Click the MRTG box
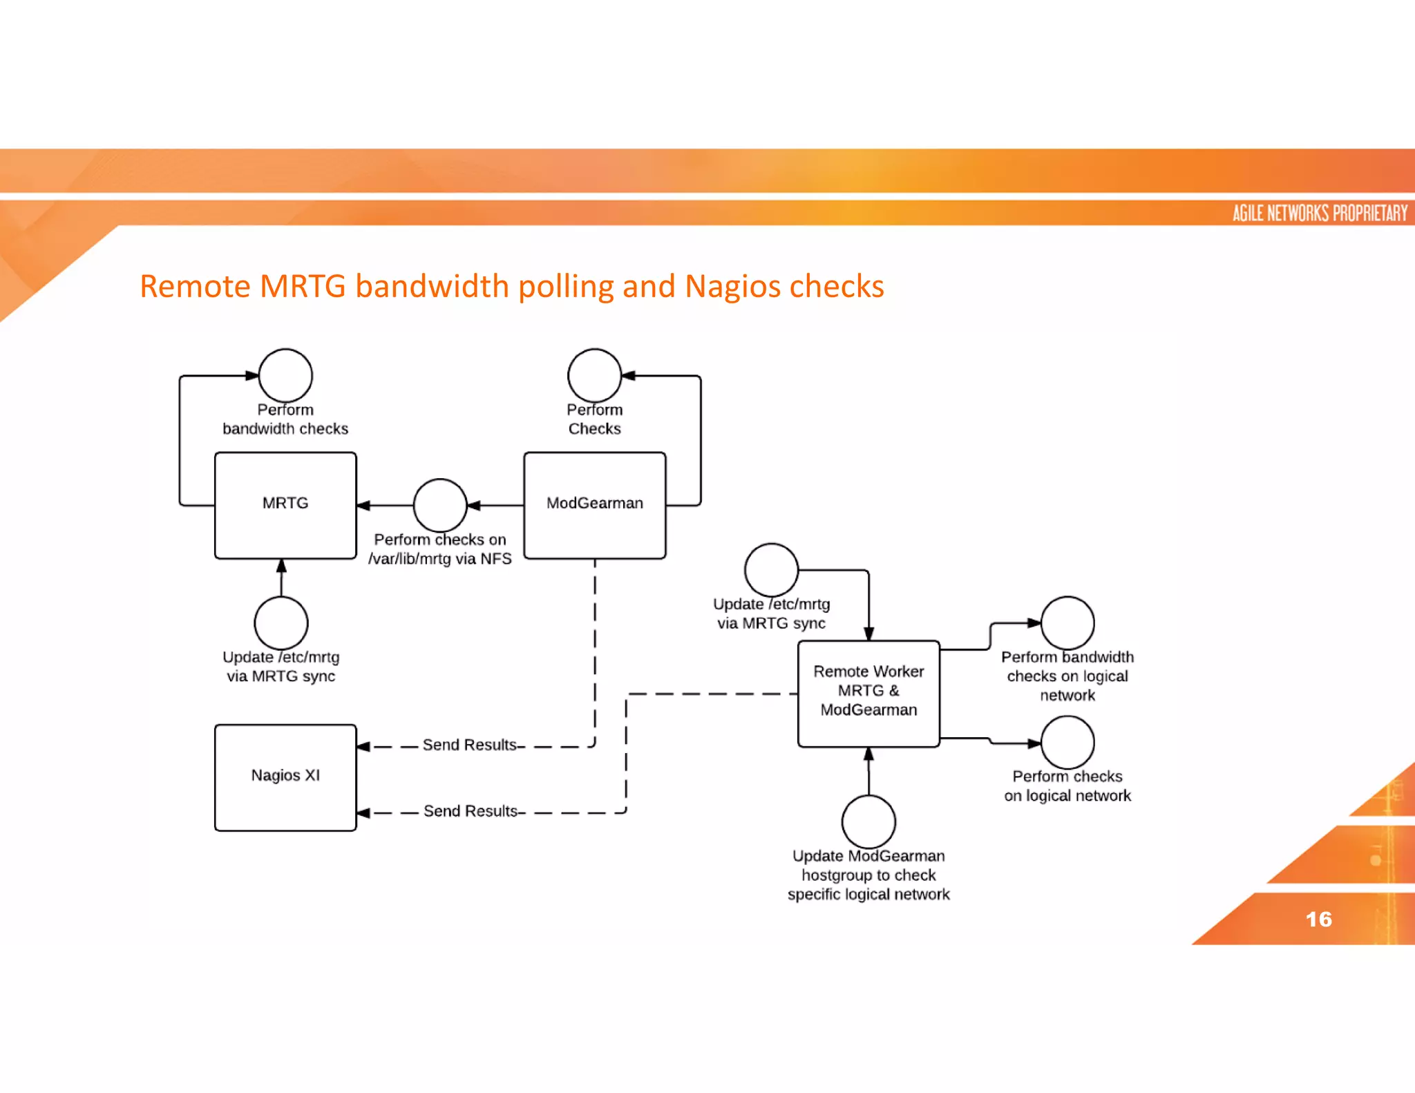point(285,505)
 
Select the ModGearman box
point(594,505)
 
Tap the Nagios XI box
point(285,777)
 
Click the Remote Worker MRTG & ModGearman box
point(868,693)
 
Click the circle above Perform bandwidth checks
point(285,375)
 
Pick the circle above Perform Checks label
point(594,375)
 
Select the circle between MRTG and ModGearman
point(440,505)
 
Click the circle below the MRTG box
point(281,622)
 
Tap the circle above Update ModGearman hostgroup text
point(868,821)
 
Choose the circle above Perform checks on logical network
point(1067,742)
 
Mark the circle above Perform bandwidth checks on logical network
point(1067,622)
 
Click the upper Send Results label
point(471,745)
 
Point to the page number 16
point(1318,919)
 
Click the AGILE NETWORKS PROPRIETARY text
point(1320,213)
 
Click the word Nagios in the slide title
point(732,286)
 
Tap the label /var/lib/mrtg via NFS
point(440,558)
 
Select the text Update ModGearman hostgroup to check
point(868,865)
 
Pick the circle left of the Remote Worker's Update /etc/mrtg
point(771,569)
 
